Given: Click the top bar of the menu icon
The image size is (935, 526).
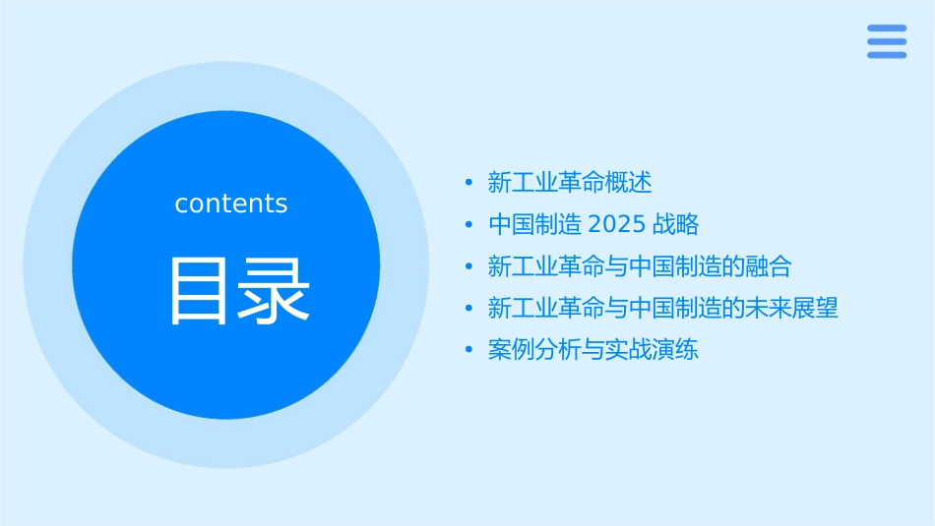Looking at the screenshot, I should click(886, 29).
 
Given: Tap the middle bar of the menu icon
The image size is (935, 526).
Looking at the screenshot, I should click(886, 41).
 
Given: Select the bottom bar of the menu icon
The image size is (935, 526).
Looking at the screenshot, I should click(886, 54).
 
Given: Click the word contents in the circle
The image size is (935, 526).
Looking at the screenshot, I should click(231, 204).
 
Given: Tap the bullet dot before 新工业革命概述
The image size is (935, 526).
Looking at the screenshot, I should click(469, 183).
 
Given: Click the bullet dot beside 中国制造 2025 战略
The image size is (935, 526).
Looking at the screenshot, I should click(469, 225).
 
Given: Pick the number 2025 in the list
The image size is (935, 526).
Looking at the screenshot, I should click(616, 225).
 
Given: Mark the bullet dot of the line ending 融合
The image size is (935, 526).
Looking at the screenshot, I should click(469, 267).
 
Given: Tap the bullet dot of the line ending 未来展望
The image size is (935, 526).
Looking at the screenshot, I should click(469, 309).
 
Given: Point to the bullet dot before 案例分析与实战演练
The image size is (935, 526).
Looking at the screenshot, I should click(469, 351).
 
